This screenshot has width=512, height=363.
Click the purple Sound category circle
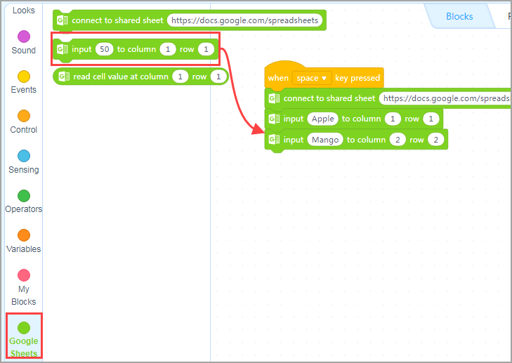click(23, 37)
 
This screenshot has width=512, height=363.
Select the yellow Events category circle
click(23, 76)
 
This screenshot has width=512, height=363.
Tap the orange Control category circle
click(23, 116)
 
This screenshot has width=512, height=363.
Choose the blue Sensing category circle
click(23, 156)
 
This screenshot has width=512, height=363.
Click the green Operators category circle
click(23, 195)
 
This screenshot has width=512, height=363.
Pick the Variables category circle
click(23, 235)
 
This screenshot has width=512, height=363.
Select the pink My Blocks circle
click(23, 275)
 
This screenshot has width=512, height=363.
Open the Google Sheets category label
click(24, 346)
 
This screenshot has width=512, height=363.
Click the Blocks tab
click(459, 16)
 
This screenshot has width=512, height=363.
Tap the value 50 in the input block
click(103, 49)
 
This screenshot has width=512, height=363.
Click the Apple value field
click(322, 119)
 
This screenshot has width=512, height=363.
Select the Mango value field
click(324, 140)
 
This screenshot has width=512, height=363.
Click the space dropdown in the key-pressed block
click(312, 78)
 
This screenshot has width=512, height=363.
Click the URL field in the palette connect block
click(245, 20)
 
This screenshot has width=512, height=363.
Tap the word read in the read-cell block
click(82, 77)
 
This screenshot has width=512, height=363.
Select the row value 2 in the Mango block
click(435, 140)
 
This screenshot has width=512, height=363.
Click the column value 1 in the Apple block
click(394, 119)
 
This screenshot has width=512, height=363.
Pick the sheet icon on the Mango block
click(274, 140)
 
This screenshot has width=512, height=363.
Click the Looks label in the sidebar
click(23, 11)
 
